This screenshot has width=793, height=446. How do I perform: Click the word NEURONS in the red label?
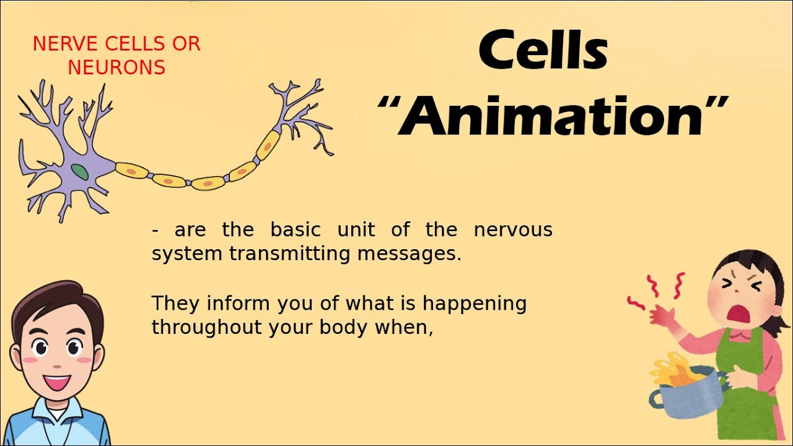pyautogui.click(x=116, y=68)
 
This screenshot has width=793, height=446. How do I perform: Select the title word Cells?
pyautogui.click(x=543, y=51)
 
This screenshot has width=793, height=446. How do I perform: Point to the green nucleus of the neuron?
pyautogui.click(x=79, y=172)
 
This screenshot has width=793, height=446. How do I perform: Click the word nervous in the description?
pyautogui.click(x=513, y=230)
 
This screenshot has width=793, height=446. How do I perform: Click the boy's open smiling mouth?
pyautogui.click(x=57, y=382)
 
